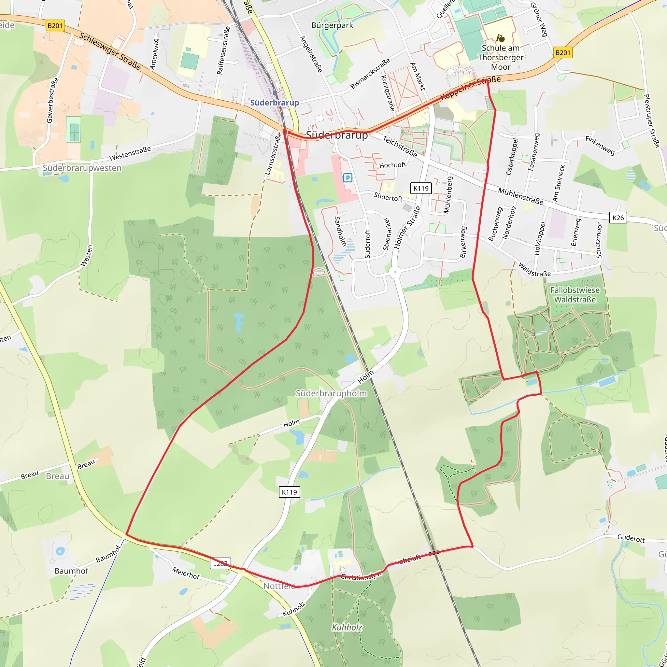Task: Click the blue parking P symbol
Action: click(348, 178)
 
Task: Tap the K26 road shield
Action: click(618, 218)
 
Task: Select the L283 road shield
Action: click(220, 563)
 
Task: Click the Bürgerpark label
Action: click(332, 25)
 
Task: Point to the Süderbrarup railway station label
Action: click(275, 103)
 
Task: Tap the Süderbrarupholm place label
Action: click(331, 393)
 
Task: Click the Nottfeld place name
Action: click(280, 586)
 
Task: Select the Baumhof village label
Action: click(71, 571)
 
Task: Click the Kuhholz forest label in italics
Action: click(347, 627)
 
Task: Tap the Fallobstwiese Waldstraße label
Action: click(575, 295)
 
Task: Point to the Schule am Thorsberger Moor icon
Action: click(500, 38)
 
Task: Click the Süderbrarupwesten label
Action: click(82, 168)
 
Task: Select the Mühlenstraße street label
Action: click(521, 196)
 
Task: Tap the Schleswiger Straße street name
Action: click(110, 51)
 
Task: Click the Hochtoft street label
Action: click(392, 165)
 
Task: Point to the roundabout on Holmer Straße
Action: click(395, 272)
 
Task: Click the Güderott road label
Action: click(631, 538)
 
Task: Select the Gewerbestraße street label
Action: click(52, 100)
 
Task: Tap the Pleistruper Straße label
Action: click(652, 121)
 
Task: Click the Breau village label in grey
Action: click(57, 476)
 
